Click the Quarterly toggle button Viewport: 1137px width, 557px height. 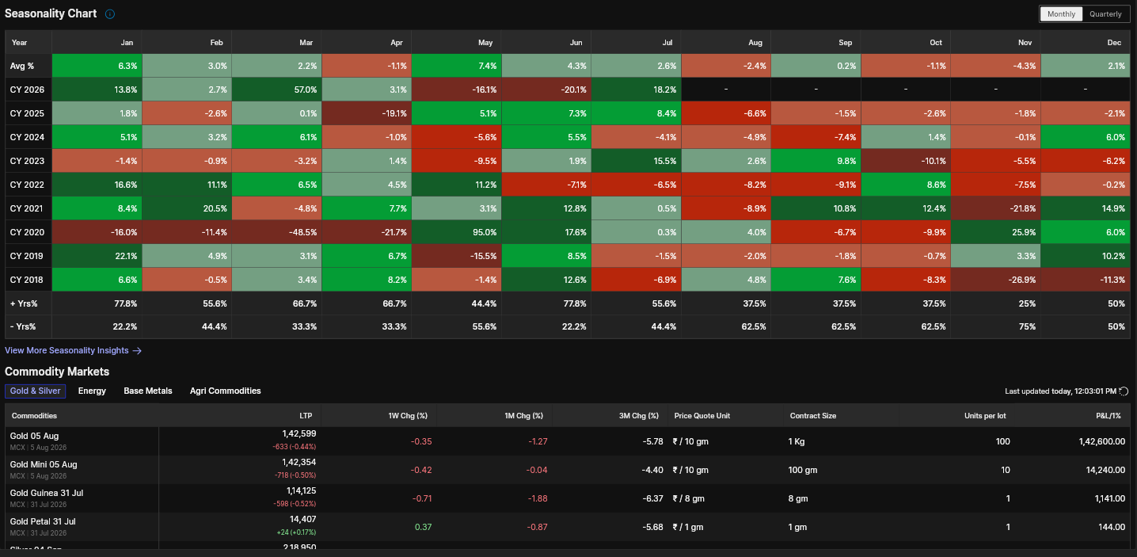[x=1105, y=14]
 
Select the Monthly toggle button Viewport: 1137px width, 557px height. [x=1061, y=14]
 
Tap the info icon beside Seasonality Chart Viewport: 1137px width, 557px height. [x=109, y=14]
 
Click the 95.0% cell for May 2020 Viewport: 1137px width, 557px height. [x=456, y=232]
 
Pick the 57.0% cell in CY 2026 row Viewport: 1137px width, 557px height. [x=276, y=90]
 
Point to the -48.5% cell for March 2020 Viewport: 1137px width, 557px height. [x=276, y=232]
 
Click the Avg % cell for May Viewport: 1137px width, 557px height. [x=456, y=66]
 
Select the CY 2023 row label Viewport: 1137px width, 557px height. [x=28, y=161]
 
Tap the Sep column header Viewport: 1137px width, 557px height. [x=845, y=43]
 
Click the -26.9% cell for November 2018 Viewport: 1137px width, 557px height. [x=995, y=280]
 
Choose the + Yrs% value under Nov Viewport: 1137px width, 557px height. [x=1027, y=303]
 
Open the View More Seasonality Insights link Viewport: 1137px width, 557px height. [x=73, y=350]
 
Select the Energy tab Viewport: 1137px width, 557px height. [x=92, y=391]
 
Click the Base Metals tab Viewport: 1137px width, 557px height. [x=148, y=391]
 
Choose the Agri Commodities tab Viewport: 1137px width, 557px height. [x=226, y=391]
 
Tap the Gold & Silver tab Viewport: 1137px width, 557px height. [x=35, y=391]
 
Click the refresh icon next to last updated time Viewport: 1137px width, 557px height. [x=1124, y=391]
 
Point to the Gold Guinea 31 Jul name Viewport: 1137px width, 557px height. [x=47, y=493]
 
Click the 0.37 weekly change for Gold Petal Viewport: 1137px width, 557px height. [x=424, y=527]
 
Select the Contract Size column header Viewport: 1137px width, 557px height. [x=812, y=416]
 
